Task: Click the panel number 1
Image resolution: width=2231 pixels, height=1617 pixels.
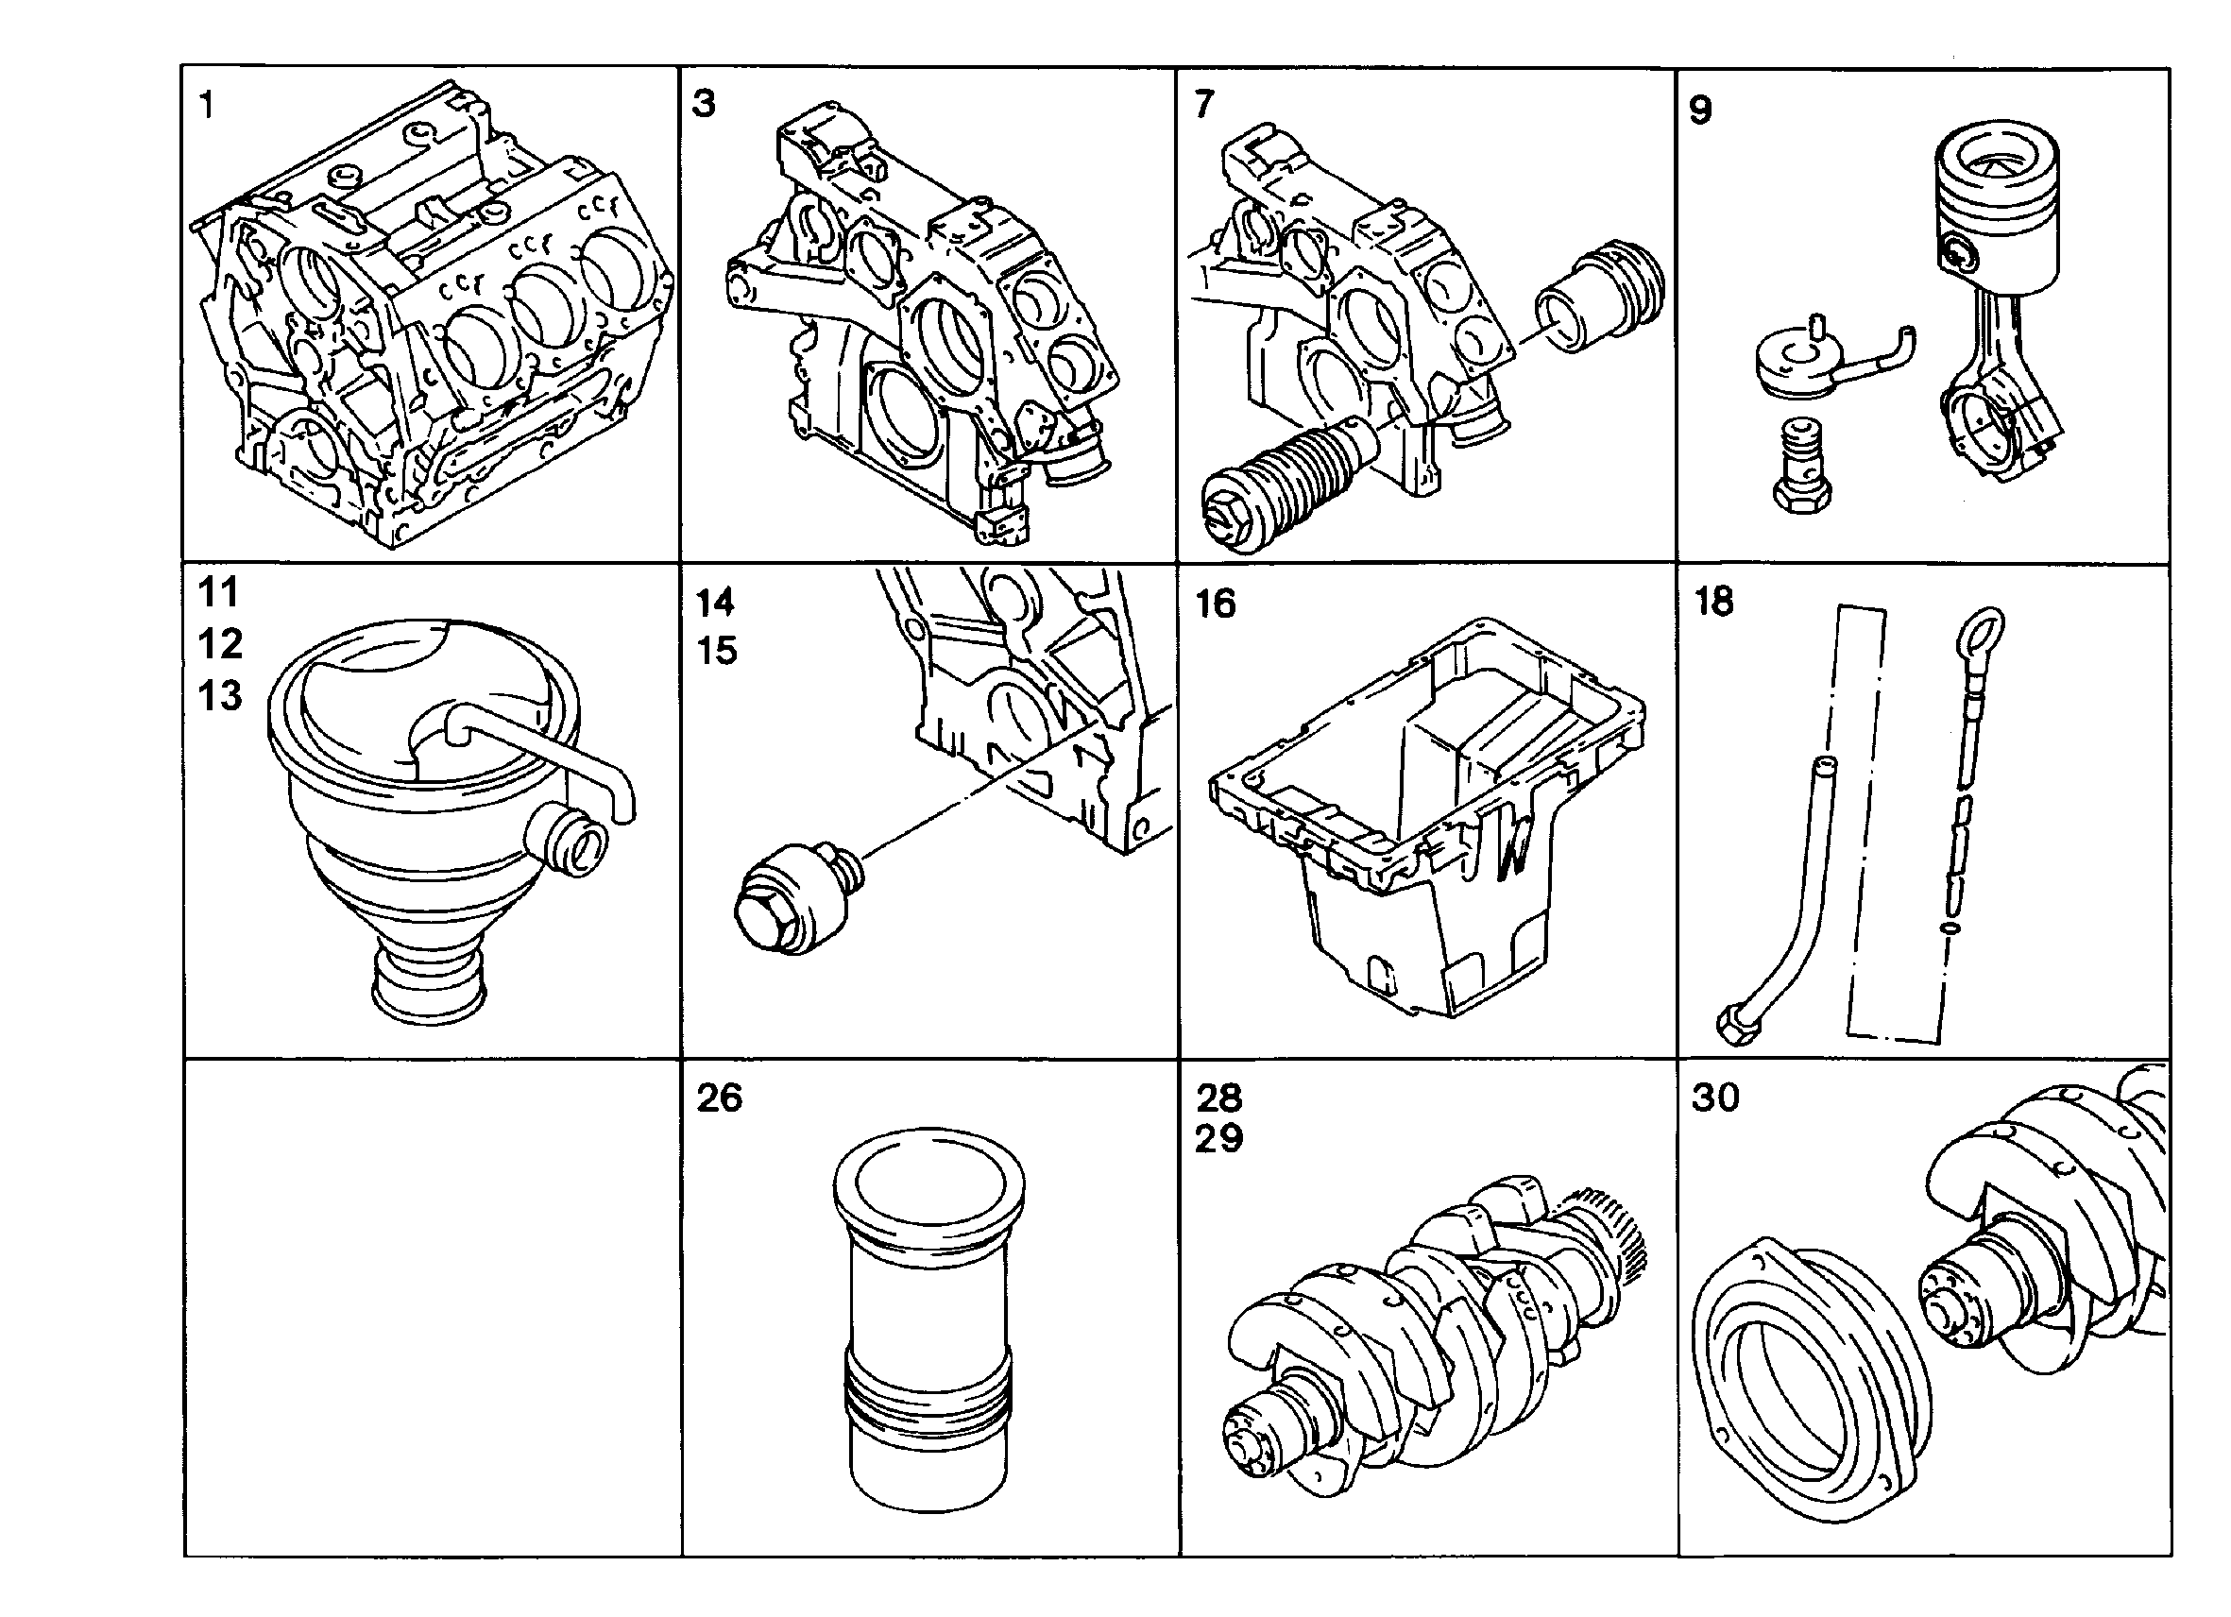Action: pyautogui.click(x=206, y=104)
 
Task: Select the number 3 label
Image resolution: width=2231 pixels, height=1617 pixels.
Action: pyautogui.click(x=704, y=103)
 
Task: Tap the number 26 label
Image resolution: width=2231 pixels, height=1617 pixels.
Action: pyautogui.click(x=719, y=1098)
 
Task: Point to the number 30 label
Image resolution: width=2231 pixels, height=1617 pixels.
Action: pyautogui.click(x=1715, y=1097)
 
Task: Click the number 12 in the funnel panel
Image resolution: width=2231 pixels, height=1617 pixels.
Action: pyautogui.click(x=219, y=644)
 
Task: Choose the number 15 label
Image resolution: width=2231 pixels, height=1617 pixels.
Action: pyautogui.click(x=716, y=651)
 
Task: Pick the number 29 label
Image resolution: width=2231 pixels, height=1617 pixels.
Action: pyautogui.click(x=1218, y=1139)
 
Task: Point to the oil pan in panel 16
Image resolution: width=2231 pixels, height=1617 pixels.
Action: pyautogui.click(x=1426, y=816)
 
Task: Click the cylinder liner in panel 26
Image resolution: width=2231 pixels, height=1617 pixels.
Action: pyautogui.click(x=928, y=1319)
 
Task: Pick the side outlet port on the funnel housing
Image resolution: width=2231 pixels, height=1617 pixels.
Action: pyautogui.click(x=567, y=839)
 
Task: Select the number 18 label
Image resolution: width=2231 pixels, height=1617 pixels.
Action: pyautogui.click(x=1713, y=602)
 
